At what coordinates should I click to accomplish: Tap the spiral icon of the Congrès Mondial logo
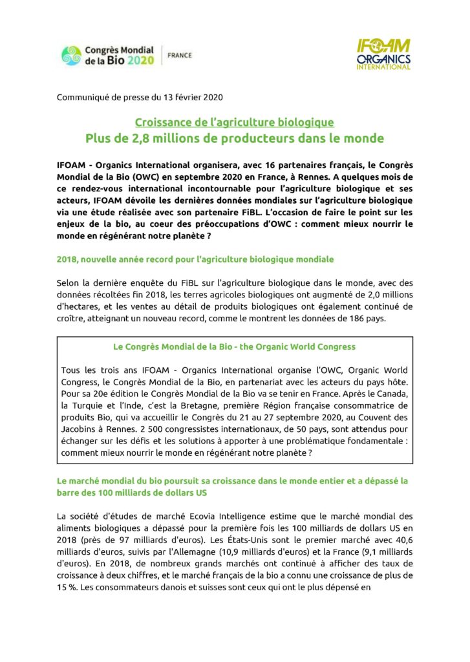click(x=71, y=56)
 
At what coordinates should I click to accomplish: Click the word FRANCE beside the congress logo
click(x=179, y=56)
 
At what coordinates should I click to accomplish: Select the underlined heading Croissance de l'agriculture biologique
click(x=234, y=122)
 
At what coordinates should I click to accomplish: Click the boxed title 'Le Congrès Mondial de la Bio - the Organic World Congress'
click(x=234, y=347)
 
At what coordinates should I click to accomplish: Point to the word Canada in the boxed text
click(x=393, y=393)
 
